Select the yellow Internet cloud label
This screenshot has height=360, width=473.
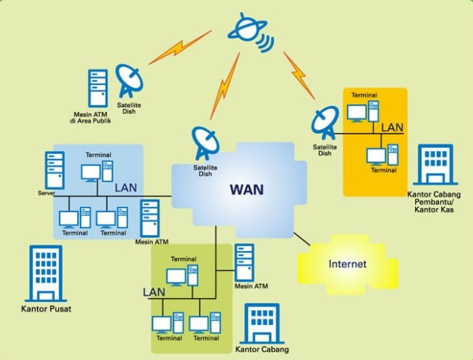348,264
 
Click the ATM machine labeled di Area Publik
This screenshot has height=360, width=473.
98,87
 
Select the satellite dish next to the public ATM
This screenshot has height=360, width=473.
130,81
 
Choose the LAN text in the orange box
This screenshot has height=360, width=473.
393,128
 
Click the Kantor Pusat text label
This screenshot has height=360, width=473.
46,309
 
